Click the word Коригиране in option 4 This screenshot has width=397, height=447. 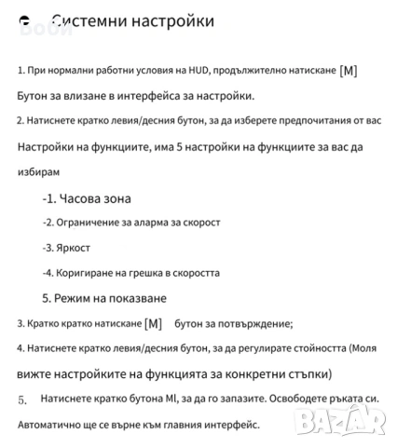[90, 274]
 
